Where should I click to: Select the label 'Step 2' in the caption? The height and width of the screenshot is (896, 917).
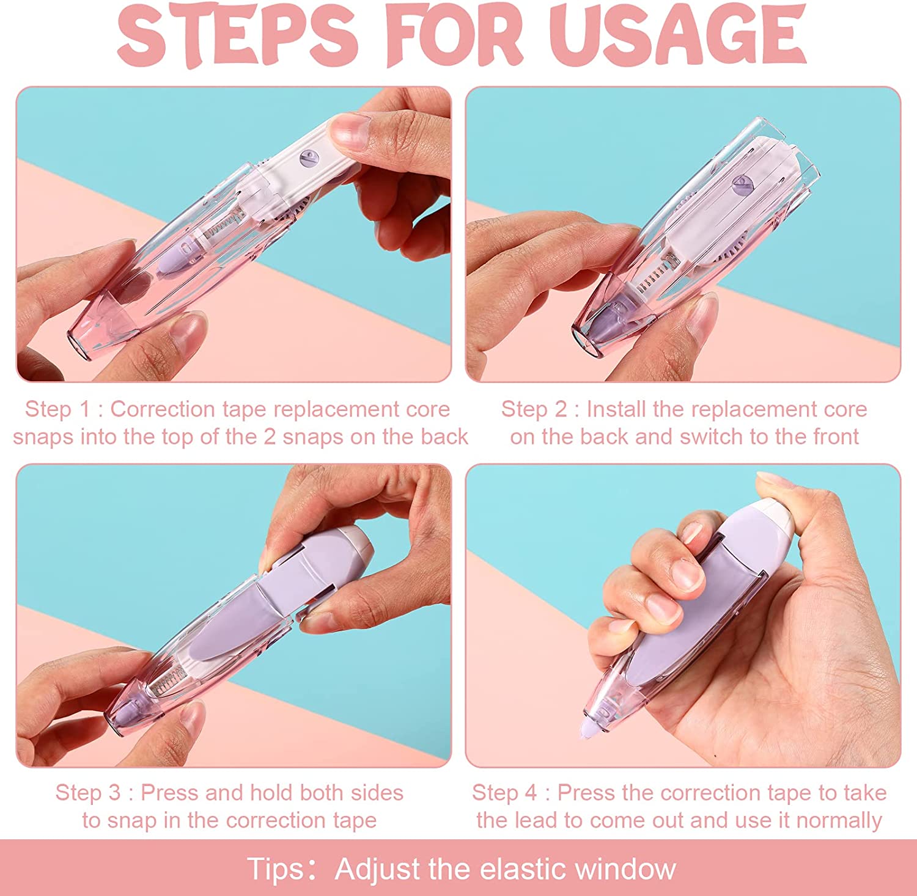535,410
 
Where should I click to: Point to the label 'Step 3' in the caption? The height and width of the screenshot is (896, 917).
89,793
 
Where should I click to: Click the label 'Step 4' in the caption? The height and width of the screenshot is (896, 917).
505,793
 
